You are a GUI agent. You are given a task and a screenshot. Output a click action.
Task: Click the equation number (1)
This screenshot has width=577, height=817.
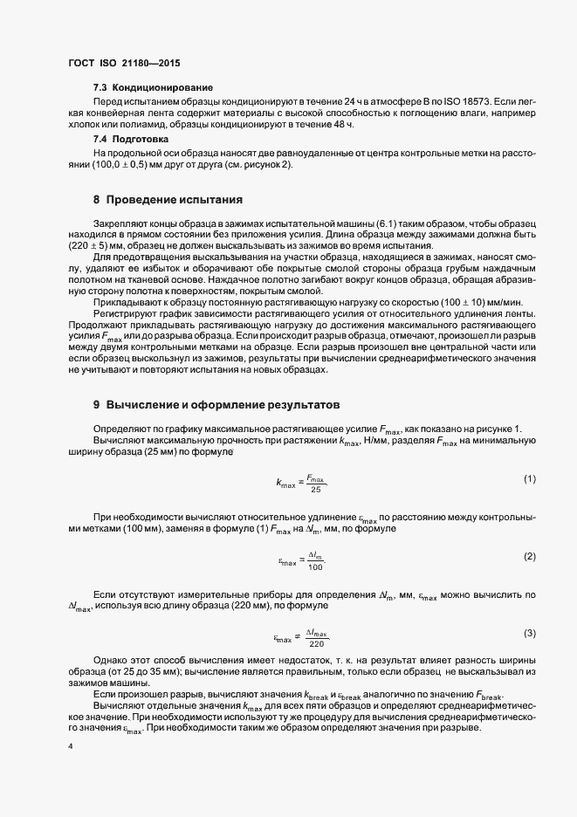pyautogui.click(x=529, y=479)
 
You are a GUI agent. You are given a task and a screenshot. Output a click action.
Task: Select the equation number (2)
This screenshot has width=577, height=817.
pyautogui.click(x=529, y=556)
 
